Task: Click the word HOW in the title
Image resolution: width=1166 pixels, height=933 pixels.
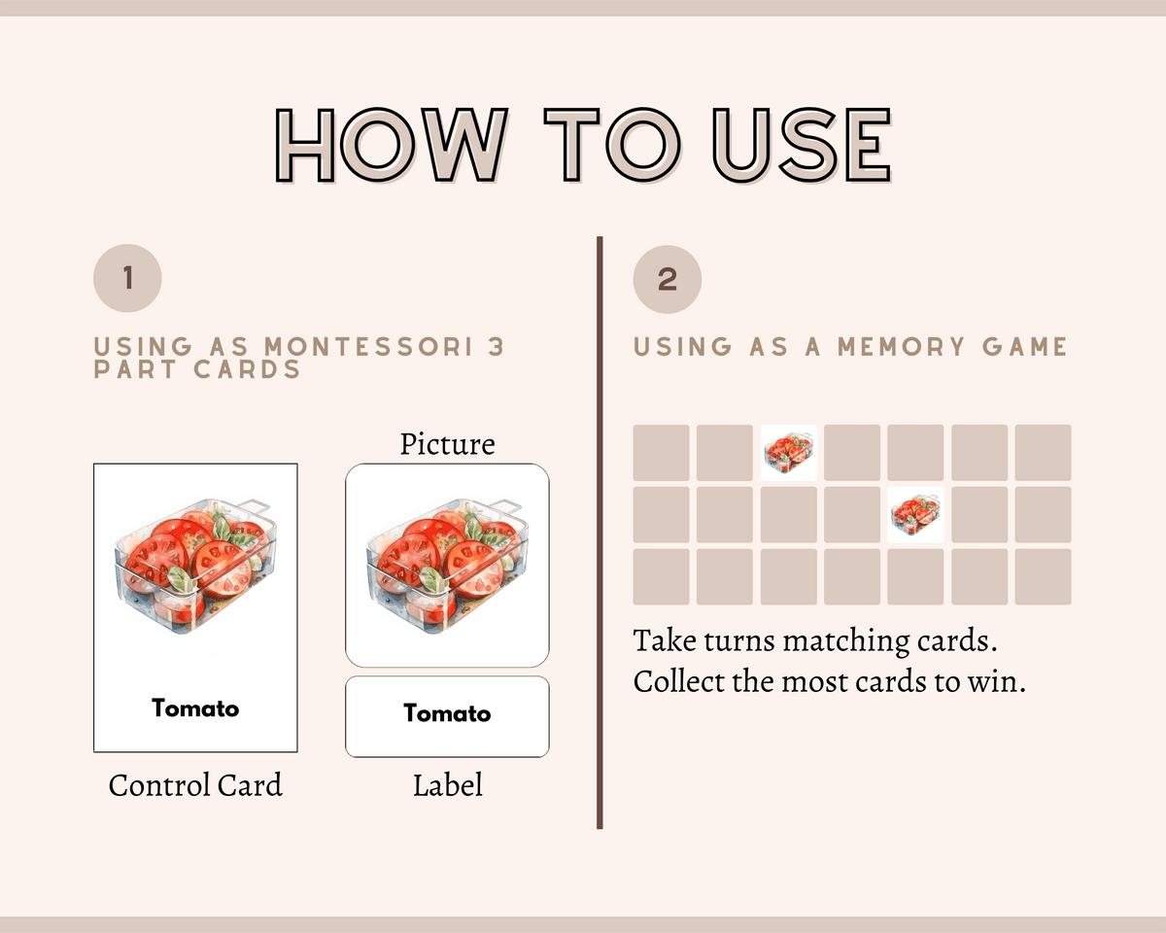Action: tap(392, 145)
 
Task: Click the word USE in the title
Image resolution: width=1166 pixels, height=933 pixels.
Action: tap(802, 145)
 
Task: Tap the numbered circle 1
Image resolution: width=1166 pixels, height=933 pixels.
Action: tap(127, 278)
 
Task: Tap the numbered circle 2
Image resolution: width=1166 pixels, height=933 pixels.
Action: tap(667, 279)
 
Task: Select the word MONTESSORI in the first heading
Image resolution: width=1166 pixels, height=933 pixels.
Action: tap(369, 347)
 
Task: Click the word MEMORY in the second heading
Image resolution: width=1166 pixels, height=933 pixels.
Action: tap(901, 347)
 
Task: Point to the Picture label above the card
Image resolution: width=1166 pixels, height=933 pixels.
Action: tap(447, 444)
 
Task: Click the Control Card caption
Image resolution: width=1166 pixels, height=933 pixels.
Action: tap(195, 785)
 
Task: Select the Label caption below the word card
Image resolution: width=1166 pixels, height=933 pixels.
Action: tap(448, 785)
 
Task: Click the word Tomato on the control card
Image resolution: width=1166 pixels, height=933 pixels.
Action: tap(195, 708)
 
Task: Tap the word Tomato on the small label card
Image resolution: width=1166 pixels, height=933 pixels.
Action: tap(447, 713)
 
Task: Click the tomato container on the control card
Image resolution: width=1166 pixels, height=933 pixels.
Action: tap(195, 566)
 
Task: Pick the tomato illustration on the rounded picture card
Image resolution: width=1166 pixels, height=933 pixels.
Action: tap(447, 566)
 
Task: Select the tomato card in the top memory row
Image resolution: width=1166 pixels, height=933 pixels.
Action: tap(788, 453)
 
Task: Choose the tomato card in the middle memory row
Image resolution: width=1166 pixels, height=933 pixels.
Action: tap(915, 514)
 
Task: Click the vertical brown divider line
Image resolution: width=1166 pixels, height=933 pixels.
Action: tap(600, 533)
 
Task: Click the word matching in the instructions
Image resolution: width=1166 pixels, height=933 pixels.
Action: tap(845, 641)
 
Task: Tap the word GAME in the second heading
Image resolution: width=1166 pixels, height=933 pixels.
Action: tap(1024, 347)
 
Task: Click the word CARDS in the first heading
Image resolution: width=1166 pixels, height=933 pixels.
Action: tap(247, 369)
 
